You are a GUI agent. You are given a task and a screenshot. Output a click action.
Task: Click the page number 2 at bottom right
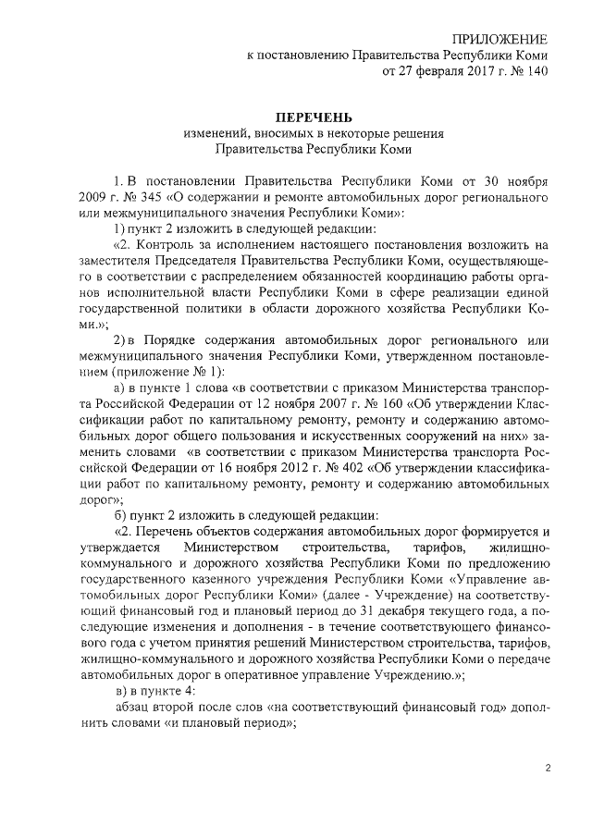(x=547, y=769)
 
